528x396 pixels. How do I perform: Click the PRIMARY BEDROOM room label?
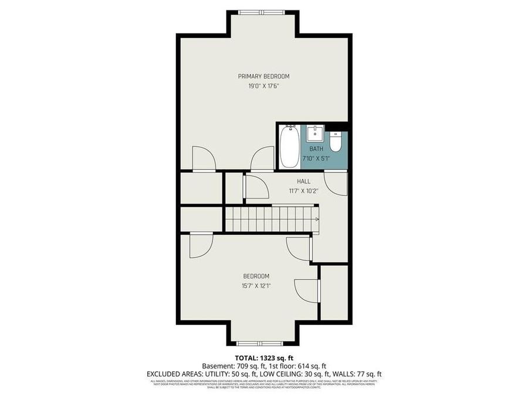pos(263,76)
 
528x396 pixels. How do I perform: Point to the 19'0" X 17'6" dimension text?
pos(263,86)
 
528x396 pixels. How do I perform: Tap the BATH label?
pos(316,149)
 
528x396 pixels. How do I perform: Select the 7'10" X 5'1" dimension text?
pos(316,158)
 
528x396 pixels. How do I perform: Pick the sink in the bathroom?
pos(316,131)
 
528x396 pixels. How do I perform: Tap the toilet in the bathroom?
pos(335,141)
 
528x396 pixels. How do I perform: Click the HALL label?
pos(303,182)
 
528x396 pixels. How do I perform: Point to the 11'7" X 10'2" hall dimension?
pos(303,191)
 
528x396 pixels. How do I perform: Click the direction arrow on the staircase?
pos(317,219)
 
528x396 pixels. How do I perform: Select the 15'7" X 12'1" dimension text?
pos(256,286)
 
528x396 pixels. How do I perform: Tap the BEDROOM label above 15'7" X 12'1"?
pos(256,276)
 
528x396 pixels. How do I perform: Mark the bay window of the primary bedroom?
pos(263,12)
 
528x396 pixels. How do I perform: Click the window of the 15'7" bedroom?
pos(263,342)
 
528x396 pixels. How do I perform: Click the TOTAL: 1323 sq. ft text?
pos(263,357)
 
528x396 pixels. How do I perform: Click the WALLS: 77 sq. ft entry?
pos(359,374)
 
